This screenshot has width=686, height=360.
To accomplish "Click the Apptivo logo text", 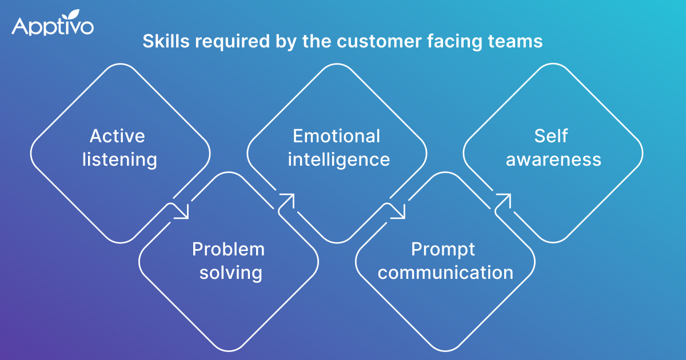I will tap(52, 26).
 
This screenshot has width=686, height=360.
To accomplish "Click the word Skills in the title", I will tap(161, 42).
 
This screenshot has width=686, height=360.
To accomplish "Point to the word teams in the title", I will tap(516, 42).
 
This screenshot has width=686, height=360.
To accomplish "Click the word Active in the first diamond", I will tap(117, 137).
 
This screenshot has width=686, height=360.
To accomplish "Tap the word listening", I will tap(120, 159).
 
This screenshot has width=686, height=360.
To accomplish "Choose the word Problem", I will tap(229, 249).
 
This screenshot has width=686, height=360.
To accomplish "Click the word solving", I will tap(230, 273).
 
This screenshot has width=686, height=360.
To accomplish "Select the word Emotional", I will tap(336, 136).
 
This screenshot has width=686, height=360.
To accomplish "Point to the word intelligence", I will tap(338, 159).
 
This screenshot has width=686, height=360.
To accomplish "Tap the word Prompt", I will tap(443, 249).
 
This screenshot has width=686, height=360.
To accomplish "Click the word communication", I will tap(445, 273).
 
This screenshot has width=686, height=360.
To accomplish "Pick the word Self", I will tap(552, 136).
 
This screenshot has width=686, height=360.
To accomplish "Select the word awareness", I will tap(553, 159).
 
